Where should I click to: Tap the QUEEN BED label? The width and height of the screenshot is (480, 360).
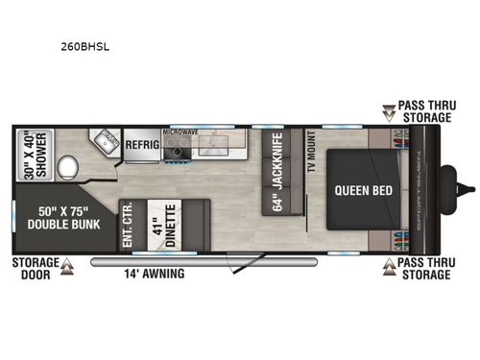[361, 189]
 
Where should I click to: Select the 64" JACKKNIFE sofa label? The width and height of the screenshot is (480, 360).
[277, 186]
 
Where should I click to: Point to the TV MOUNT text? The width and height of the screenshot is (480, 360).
[310, 154]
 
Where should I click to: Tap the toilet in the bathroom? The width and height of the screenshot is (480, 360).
[68, 171]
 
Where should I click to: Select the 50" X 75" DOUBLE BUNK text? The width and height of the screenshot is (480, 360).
[60, 218]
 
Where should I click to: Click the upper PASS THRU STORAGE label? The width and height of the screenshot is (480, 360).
[426, 112]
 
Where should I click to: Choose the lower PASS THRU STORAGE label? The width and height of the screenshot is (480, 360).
[426, 269]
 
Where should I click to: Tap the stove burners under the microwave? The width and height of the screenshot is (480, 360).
[179, 147]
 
